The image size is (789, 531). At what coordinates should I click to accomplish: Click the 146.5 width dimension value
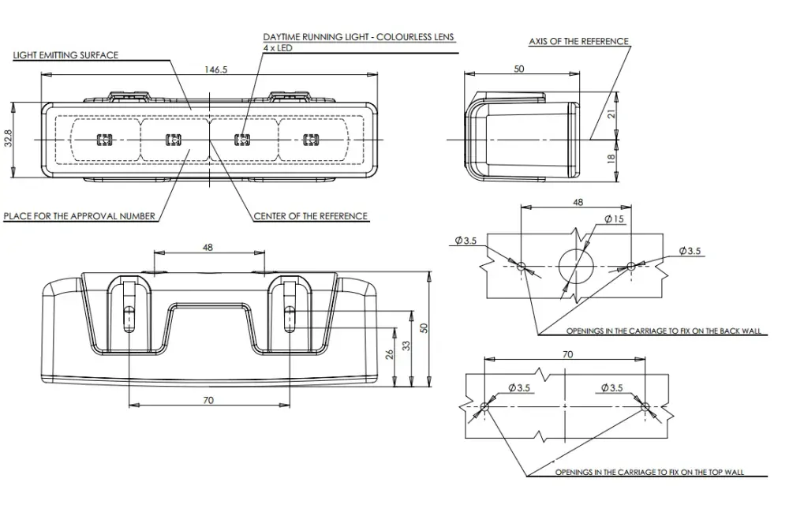tap(215, 69)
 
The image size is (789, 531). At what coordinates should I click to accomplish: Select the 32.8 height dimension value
tap(8, 138)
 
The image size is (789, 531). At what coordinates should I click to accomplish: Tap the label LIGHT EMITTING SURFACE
tap(65, 55)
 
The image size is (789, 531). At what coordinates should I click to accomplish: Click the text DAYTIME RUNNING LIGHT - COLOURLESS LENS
tap(358, 37)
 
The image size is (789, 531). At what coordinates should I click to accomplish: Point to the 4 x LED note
tap(277, 48)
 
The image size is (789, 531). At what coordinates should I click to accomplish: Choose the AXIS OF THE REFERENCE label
tap(578, 41)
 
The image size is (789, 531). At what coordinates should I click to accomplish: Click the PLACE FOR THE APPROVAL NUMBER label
tap(80, 216)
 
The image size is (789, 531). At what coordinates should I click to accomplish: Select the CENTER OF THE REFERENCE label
tap(310, 216)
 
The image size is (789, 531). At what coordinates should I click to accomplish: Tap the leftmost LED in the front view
tap(104, 140)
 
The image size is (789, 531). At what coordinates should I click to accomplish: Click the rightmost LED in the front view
tap(311, 140)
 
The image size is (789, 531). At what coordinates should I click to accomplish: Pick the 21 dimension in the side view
tap(611, 114)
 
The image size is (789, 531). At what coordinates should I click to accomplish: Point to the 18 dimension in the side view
tap(611, 158)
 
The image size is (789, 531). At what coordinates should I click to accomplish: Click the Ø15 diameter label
tap(614, 219)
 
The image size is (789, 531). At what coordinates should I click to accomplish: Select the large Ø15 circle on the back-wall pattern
tap(576, 266)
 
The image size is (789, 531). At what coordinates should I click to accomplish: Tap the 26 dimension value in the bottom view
tap(390, 354)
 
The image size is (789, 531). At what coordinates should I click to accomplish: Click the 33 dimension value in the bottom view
tap(406, 346)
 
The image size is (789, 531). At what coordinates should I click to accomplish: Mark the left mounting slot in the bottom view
tap(128, 319)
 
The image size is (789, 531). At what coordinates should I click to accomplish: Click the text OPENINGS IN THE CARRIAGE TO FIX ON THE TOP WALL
tap(649, 472)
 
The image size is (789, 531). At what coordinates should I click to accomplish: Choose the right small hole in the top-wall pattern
tap(645, 406)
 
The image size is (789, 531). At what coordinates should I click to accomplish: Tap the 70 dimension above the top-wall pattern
tap(567, 354)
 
